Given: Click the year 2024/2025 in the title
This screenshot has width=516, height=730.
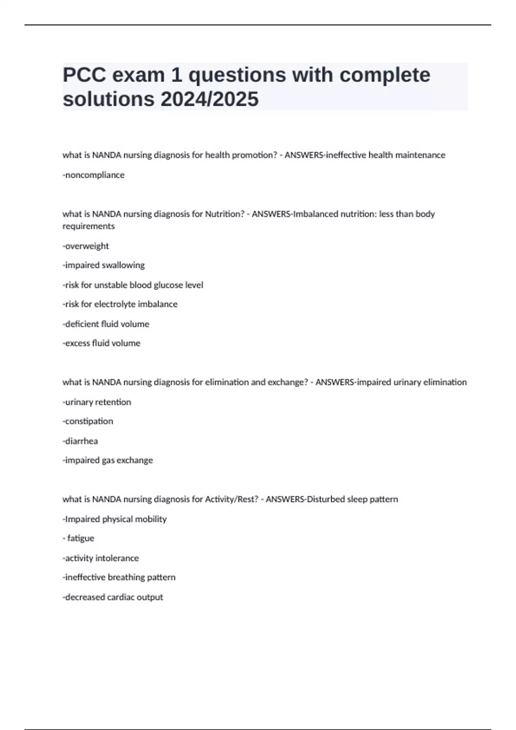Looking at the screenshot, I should pyautogui.click(x=209, y=99).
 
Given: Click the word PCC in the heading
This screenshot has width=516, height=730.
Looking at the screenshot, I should pyautogui.click(x=84, y=75).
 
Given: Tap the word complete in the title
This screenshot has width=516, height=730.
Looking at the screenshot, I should pyautogui.click(x=385, y=75).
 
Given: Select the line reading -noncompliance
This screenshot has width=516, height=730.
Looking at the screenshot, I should pyautogui.click(x=94, y=175).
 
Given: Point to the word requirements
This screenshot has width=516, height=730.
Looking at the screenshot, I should pyautogui.click(x=89, y=226).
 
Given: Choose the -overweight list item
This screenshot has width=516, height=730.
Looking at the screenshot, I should pyautogui.click(x=86, y=246).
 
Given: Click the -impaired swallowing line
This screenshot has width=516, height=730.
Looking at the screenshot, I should pyautogui.click(x=104, y=265).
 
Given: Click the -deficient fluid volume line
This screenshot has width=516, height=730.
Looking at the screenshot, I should pyautogui.click(x=106, y=324).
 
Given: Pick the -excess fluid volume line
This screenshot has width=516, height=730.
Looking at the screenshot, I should pyautogui.click(x=101, y=343).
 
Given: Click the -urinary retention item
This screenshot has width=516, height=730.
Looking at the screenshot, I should pyautogui.click(x=97, y=402).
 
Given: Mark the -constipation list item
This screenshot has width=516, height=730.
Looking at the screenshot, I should pyautogui.click(x=88, y=421).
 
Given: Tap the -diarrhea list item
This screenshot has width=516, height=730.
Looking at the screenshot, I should pyautogui.click(x=80, y=441).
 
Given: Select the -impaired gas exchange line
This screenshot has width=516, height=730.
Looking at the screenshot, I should pyautogui.click(x=107, y=460).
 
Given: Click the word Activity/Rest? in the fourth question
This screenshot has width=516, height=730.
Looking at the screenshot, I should pyautogui.click(x=231, y=499).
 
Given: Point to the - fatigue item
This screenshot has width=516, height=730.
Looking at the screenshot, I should pyautogui.click(x=79, y=538).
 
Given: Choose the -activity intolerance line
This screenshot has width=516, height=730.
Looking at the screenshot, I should pyautogui.click(x=101, y=558).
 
